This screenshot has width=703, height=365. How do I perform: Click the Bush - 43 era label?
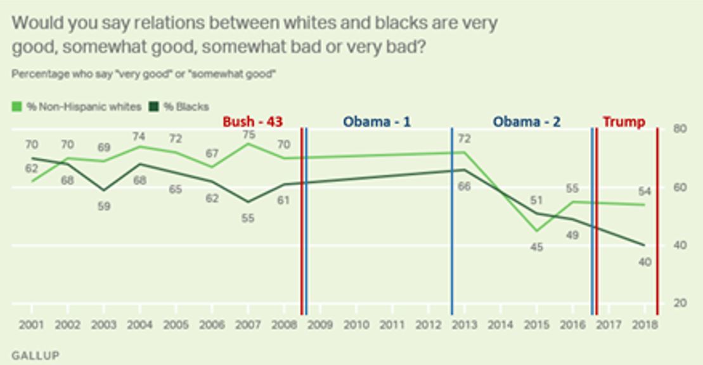pyautogui.click(x=252, y=121)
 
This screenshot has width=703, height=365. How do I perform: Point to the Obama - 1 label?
pyautogui.click(x=377, y=121)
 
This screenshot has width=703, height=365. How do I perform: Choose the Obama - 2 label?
pyautogui.click(x=527, y=121)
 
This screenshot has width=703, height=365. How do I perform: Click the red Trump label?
pyautogui.click(x=623, y=121)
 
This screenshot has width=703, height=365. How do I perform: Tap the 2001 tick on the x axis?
pyautogui.click(x=32, y=324)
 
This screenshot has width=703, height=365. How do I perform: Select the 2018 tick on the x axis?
pyautogui.click(x=645, y=324)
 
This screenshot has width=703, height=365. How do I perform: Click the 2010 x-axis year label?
pyautogui.click(x=356, y=324)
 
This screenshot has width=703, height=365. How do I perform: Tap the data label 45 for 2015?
pyautogui.click(x=536, y=247)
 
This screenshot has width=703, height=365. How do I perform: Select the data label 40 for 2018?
pyautogui.click(x=644, y=262)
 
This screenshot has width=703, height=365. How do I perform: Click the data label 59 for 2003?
pyautogui.click(x=103, y=206)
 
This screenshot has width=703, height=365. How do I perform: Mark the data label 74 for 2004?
pyautogui.click(x=139, y=136)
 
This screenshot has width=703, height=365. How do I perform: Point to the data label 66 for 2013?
pyautogui.click(x=464, y=186)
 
